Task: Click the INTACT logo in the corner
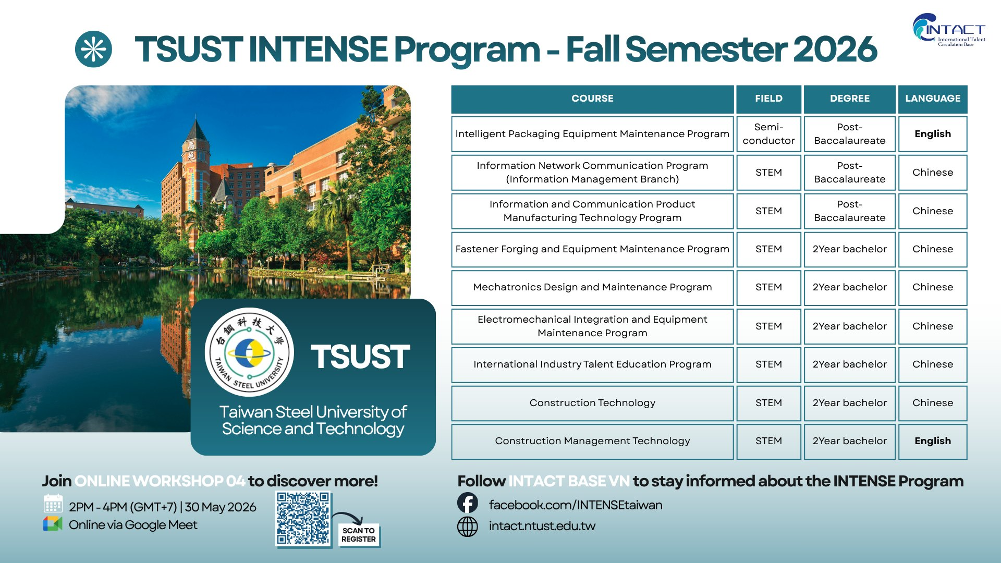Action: click(x=949, y=30)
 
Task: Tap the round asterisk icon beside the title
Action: click(x=93, y=50)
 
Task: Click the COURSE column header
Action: click(x=592, y=99)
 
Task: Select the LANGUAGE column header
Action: click(x=933, y=99)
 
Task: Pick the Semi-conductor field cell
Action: click(x=768, y=134)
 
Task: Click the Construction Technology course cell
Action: click(x=592, y=403)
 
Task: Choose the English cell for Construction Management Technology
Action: click(x=933, y=441)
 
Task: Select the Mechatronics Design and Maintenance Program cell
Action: click(x=592, y=287)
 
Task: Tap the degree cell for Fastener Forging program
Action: click(x=850, y=249)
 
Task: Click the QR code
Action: click(x=303, y=519)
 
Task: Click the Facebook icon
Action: click(x=468, y=503)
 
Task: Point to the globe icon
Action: click(x=468, y=527)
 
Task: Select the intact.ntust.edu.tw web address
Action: click(x=542, y=526)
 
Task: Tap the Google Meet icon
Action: click(x=52, y=524)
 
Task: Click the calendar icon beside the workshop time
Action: click(x=53, y=504)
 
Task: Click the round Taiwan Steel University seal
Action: click(x=249, y=352)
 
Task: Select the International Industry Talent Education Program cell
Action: click(x=592, y=364)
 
